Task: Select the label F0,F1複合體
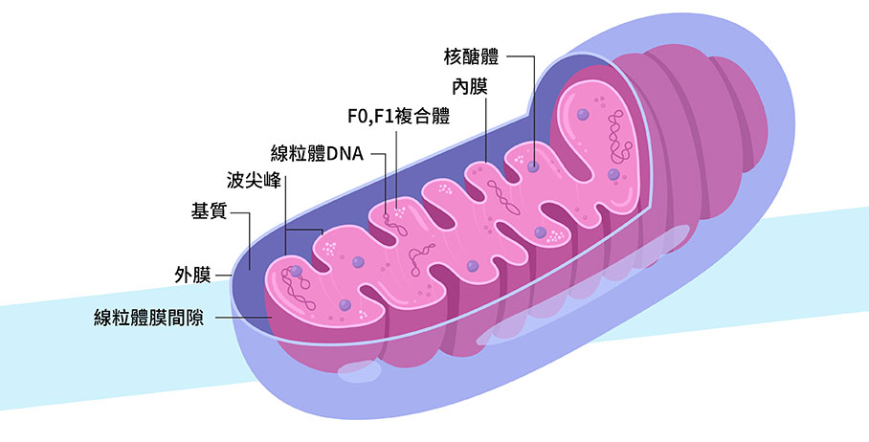398,119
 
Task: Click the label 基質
209,211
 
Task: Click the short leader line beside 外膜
225,276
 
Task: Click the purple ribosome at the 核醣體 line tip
533,166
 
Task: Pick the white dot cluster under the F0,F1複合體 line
398,206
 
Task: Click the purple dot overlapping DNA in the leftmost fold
297,272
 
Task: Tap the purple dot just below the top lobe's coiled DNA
613,174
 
